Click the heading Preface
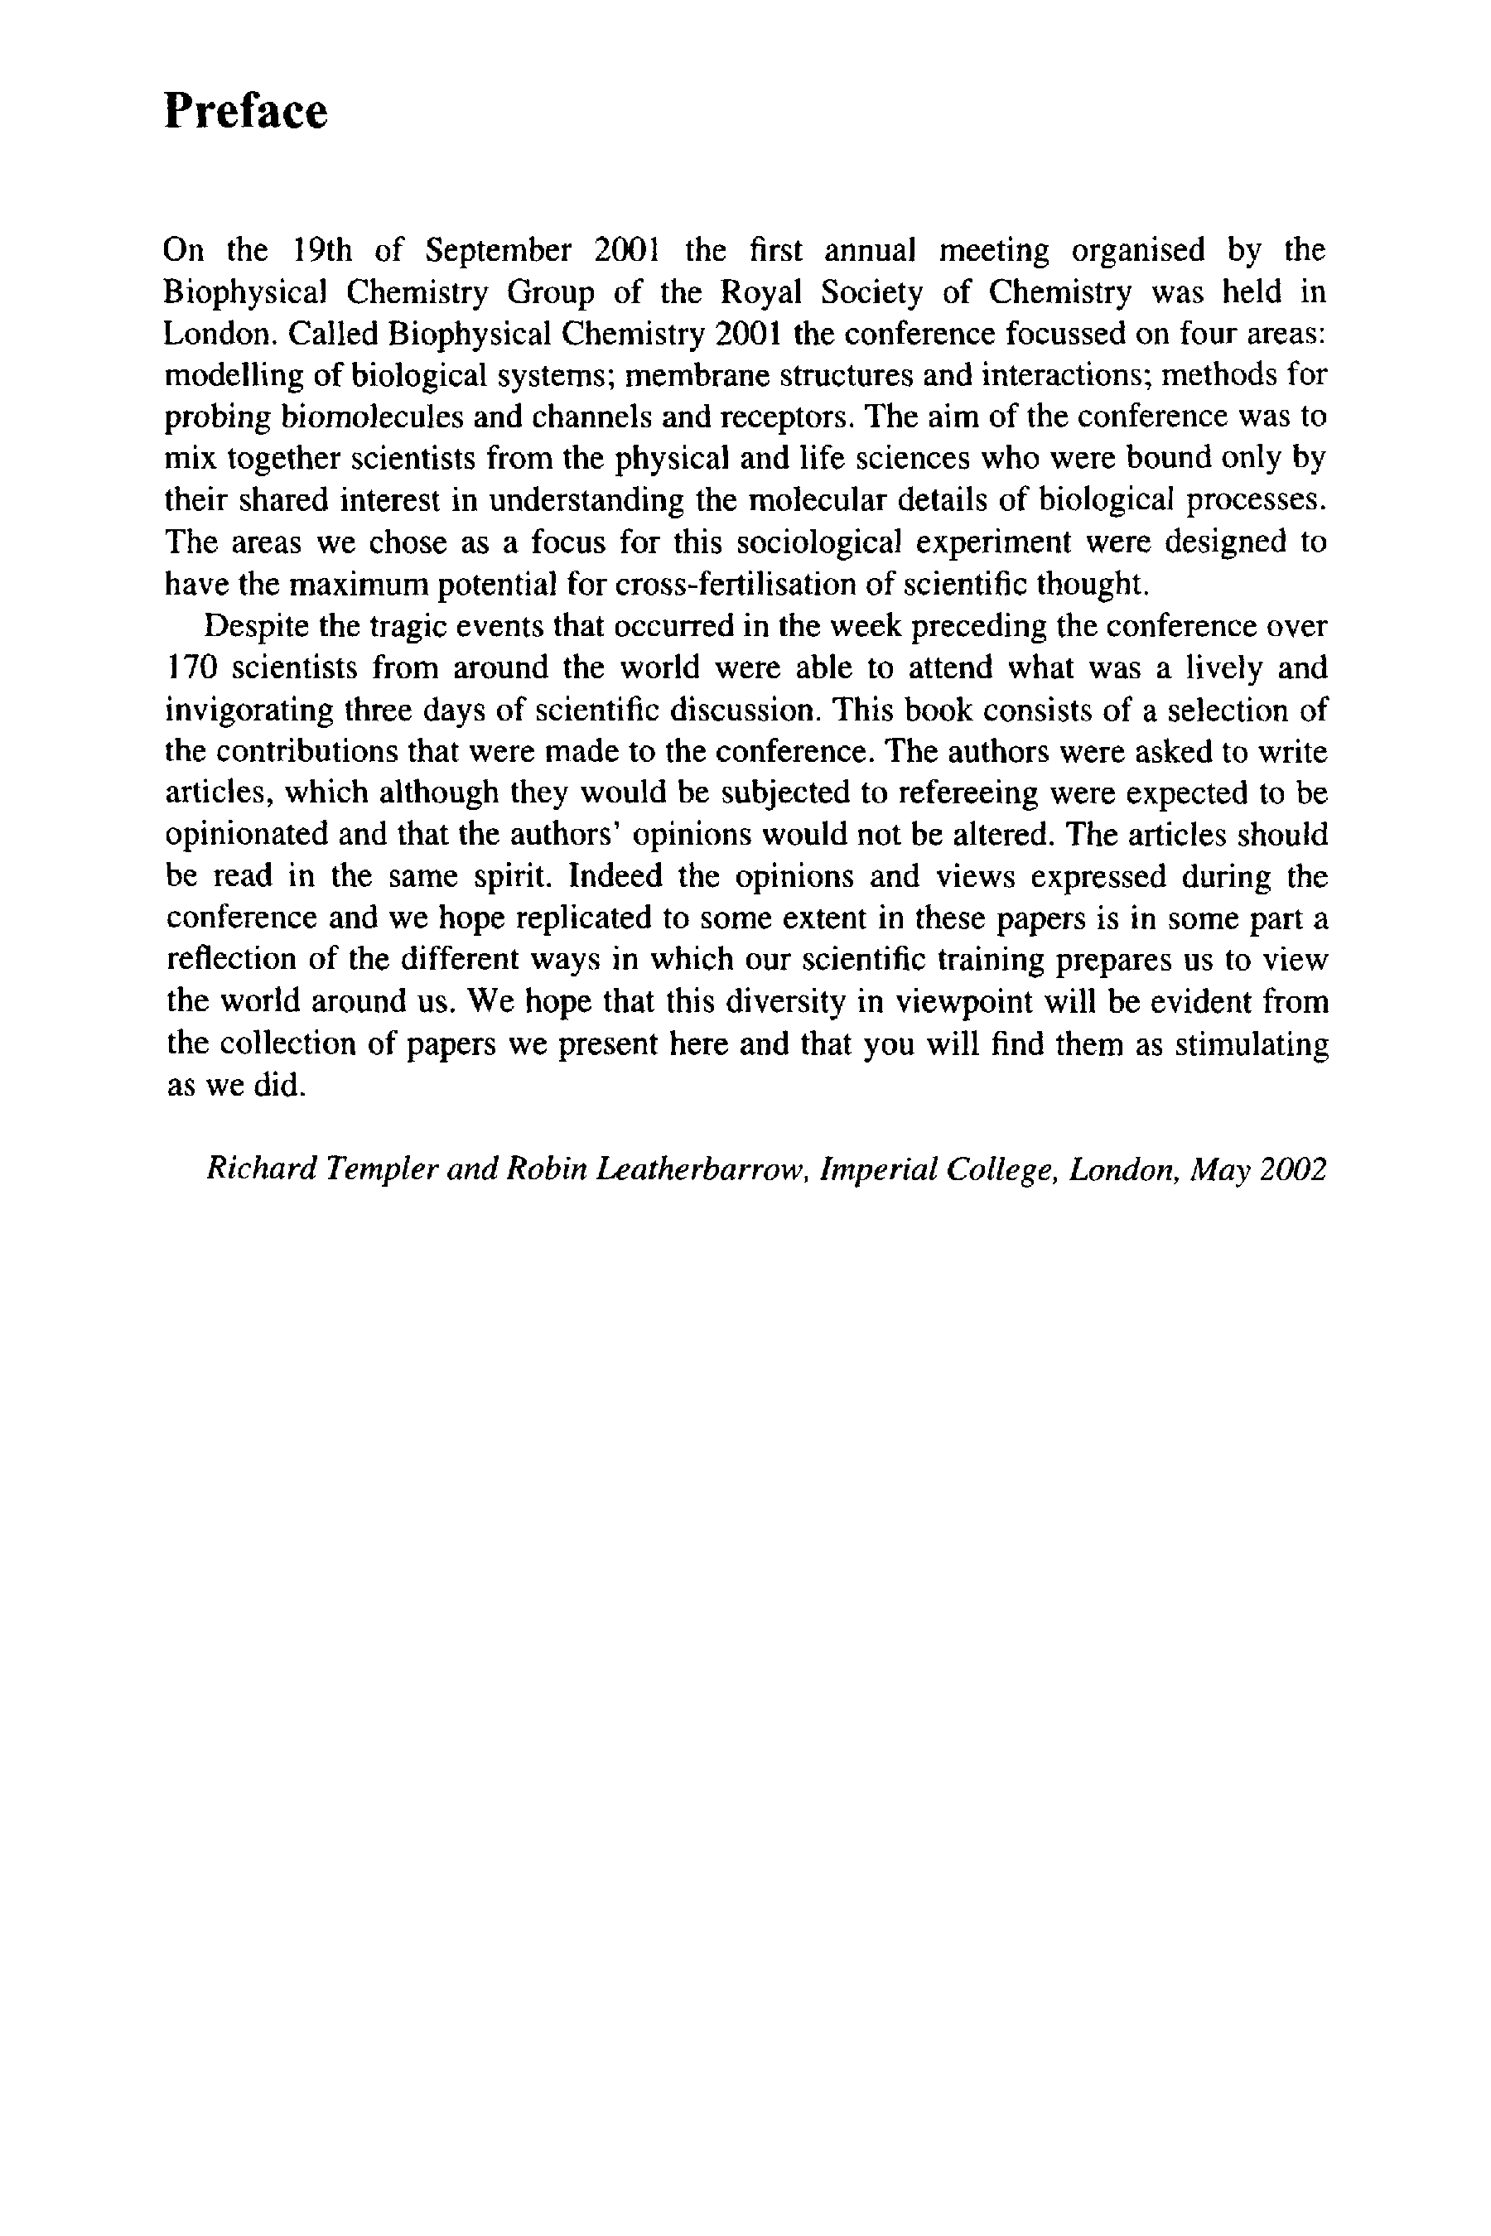[x=245, y=111]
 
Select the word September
[x=497, y=250]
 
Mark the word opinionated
[x=245, y=835]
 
